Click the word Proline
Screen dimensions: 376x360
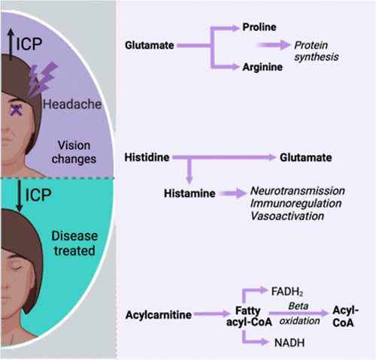[259, 27]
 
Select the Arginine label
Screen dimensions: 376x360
[262, 67]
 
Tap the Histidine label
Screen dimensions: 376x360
[147, 157]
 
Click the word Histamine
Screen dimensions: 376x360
[190, 193]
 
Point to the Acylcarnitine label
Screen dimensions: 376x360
[159, 315]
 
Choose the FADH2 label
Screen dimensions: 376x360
[287, 292]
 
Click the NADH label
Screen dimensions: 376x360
[290, 343]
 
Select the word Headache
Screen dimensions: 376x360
[72, 104]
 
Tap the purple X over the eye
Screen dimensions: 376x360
[17, 110]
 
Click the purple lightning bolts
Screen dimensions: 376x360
[42, 79]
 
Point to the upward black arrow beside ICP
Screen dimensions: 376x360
[11, 44]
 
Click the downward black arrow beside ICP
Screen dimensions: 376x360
[20, 195]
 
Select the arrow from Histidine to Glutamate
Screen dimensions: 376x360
[224, 157]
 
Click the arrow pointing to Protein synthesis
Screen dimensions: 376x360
[273, 45]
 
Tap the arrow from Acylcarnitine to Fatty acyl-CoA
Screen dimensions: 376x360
[212, 313]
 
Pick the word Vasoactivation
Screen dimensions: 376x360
[287, 216]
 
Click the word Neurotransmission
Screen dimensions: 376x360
[298, 191]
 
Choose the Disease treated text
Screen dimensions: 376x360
[74, 244]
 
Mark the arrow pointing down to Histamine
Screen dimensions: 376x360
[190, 171]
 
